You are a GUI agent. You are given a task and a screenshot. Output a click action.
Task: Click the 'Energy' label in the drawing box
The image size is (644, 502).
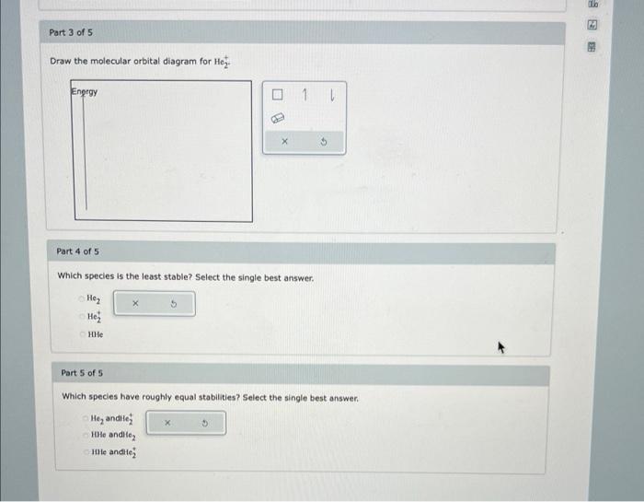pyautogui.click(x=85, y=92)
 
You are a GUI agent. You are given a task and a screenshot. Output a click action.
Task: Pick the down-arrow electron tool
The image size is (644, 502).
pyautogui.click(x=331, y=96)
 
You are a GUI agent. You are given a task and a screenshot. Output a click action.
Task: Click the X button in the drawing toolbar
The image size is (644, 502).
pyautogui.click(x=285, y=142)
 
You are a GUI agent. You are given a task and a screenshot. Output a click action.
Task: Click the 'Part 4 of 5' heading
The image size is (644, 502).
pyautogui.click(x=78, y=251)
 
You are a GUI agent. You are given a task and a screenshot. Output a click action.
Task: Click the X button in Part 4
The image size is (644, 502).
pyautogui.click(x=134, y=302)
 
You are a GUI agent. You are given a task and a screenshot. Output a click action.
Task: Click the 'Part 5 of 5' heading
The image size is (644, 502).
pyautogui.click(x=82, y=373)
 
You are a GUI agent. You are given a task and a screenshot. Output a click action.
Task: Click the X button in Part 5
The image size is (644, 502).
pyautogui.click(x=168, y=424)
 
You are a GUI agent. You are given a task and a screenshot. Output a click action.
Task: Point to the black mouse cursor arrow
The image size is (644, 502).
pyautogui.click(x=503, y=348)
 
